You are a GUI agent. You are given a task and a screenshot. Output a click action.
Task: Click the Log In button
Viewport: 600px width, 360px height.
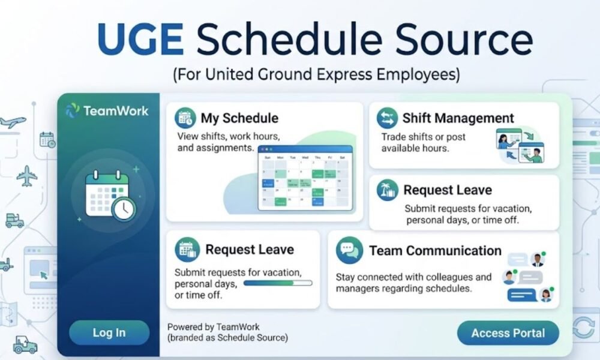[109, 332]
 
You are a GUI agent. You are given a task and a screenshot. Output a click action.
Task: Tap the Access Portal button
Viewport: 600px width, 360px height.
[508, 333]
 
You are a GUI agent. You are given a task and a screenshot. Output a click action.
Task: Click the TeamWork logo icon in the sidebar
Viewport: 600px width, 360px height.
[72, 110]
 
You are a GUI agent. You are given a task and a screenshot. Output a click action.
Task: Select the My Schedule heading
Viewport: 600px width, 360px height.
[239, 118]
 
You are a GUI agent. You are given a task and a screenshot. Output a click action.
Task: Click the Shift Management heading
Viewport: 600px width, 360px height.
[458, 118]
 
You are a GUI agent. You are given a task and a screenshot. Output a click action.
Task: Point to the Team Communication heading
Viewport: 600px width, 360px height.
[435, 250]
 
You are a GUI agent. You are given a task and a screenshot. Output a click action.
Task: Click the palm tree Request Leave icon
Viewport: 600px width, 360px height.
[387, 190]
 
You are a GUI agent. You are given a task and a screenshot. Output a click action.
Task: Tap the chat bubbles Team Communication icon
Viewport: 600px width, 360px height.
[349, 250]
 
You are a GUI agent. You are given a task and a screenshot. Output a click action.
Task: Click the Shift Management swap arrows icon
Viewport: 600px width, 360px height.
[387, 118]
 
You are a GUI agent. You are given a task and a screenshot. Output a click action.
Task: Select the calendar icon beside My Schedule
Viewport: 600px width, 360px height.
[186, 118]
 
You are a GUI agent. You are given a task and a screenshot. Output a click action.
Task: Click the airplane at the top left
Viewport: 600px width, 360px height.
[13, 122]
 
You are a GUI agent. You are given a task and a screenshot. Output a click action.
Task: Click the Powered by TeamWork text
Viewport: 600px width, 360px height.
[214, 327]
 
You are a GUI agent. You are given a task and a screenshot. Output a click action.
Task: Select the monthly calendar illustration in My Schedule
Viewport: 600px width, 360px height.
[305, 178]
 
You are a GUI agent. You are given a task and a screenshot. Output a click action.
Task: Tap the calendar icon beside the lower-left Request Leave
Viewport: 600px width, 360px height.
[187, 249]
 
